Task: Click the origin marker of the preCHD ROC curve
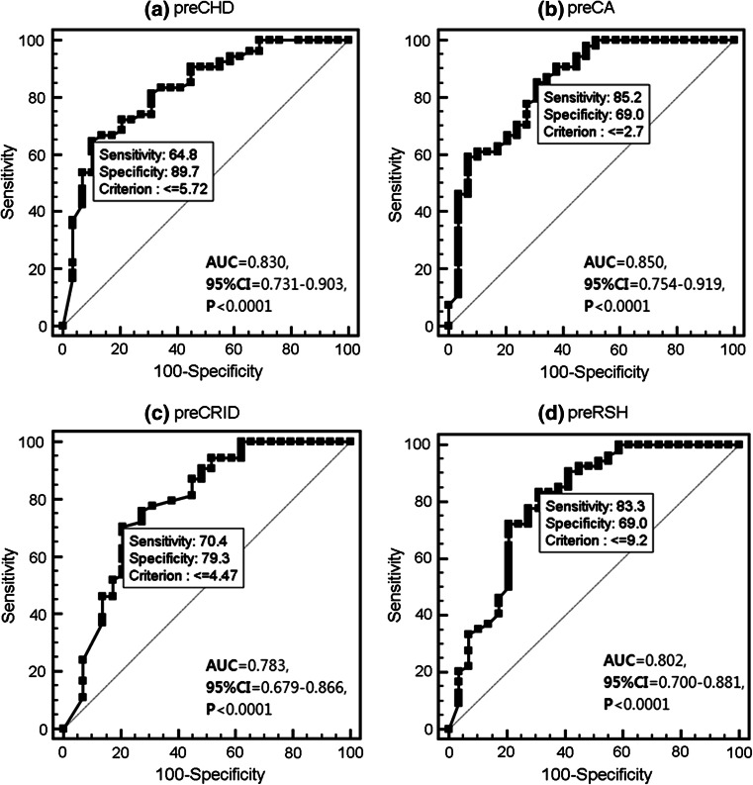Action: click(x=62, y=326)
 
